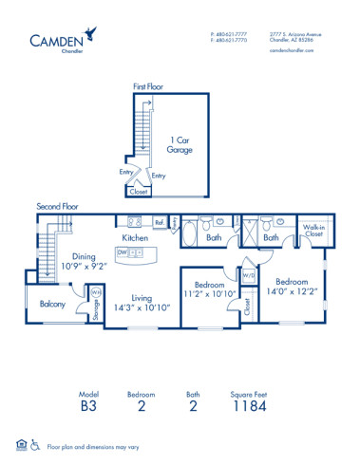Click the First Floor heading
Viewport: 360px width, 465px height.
(x=148, y=86)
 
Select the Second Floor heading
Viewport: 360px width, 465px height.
(x=58, y=206)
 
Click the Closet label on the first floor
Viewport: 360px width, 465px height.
(x=139, y=191)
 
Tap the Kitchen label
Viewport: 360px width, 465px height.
(x=134, y=237)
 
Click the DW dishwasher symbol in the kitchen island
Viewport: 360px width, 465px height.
(x=122, y=253)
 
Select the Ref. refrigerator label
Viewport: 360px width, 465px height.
(x=160, y=225)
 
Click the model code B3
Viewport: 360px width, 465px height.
(x=86, y=408)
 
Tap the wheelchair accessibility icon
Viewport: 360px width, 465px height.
(x=35, y=443)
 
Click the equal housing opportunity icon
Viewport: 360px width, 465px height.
(x=21, y=443)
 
